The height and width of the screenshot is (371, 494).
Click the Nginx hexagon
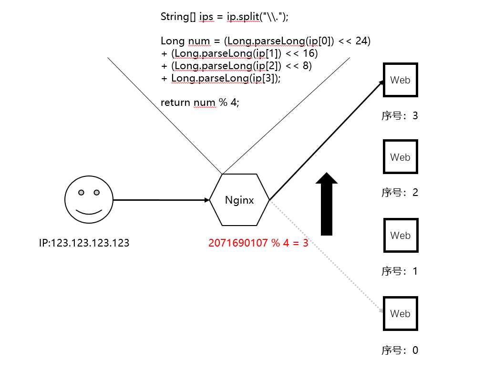click(x=239, y=200)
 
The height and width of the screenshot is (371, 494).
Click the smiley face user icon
click(x=89, y=200)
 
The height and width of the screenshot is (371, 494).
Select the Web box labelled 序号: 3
click(x=401, y=80)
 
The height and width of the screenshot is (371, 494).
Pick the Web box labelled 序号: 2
click(x=401, y=157)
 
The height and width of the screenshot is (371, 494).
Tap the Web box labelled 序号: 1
click(x=401, y=235)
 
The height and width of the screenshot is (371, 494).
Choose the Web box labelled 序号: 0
click(x=401, y=313)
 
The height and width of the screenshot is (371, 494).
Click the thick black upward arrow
click(x=327, y=204)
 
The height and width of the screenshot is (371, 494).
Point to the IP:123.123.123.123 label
click(x=84, y=243)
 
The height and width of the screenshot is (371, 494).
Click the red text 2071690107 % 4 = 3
click(x=258, y=243)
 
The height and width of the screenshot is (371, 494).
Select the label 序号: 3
click(x=400, y=115)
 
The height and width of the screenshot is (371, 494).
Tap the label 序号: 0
click(x=400, y=350)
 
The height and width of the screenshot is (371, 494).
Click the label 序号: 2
click(x=400, y=192)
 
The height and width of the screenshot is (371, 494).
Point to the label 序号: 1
click(x=400, y=271)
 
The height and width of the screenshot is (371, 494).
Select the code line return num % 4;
click(x=200, y=103)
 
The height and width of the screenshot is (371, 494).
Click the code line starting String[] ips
click(x=224, y=16)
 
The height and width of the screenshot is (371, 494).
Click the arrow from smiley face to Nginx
click(x=161, y=200)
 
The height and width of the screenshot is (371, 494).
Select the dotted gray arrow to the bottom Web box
click(x=327, y=257)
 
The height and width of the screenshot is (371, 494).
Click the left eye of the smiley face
click(x=81, y=193)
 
